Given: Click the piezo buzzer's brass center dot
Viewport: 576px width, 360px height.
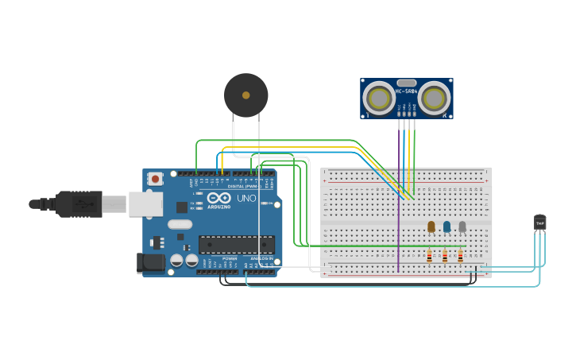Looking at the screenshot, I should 246,95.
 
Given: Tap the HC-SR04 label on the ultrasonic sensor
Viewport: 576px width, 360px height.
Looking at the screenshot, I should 407,91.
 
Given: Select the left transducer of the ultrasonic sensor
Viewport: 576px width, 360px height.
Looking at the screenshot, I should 378,99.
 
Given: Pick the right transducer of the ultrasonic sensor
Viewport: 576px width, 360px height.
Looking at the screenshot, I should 434,99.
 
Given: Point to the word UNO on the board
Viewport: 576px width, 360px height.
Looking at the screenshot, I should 246,197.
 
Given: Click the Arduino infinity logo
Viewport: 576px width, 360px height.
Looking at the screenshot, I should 219,197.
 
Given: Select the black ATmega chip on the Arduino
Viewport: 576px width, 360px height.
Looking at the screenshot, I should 236,245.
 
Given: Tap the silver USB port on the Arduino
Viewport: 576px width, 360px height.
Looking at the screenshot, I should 146,204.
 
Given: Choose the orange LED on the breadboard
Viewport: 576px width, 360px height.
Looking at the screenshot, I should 431,226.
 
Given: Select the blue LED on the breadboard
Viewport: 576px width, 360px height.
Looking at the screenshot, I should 446,226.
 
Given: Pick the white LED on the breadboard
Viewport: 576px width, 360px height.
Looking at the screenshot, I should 462,226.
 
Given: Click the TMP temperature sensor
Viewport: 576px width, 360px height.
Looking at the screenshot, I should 540,223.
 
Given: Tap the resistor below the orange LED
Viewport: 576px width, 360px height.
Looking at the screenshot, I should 430,256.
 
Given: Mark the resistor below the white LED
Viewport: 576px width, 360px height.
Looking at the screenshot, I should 460,256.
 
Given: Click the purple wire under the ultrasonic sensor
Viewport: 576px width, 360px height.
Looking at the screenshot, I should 399,199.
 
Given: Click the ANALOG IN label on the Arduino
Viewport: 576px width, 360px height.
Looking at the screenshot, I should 261,258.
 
